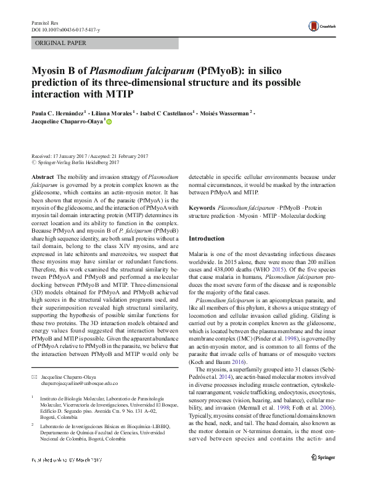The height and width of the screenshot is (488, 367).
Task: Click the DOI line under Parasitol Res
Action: tap(62, 30)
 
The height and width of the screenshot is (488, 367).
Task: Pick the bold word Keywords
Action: tap(202, 209)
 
